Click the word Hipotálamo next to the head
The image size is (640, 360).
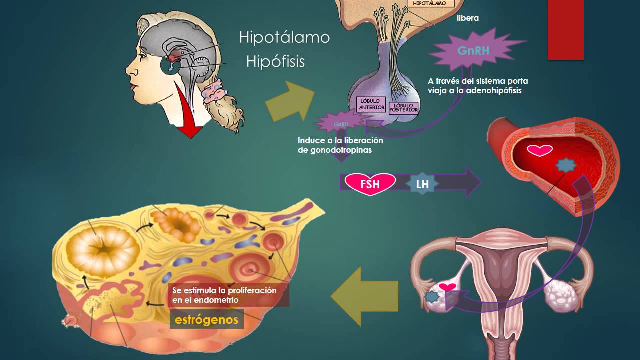284,37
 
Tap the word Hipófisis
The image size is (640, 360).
275,61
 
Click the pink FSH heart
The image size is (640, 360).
370,184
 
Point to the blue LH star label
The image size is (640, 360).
422,184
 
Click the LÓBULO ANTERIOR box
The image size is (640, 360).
372,104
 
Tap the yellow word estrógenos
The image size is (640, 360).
206,319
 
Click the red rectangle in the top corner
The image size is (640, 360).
565,30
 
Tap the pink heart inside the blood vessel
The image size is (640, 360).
540,150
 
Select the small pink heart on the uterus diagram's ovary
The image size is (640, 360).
447,287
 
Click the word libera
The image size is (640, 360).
468,18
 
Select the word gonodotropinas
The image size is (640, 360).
334,150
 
